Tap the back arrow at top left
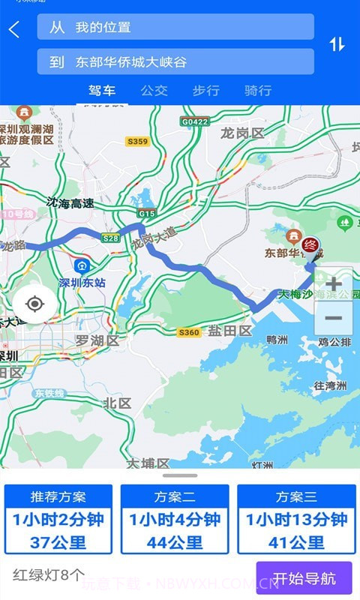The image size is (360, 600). (14, 30)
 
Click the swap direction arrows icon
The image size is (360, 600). (337, 44)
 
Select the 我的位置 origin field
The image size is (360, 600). (175, 27)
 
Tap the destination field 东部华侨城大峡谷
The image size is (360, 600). (175, 62)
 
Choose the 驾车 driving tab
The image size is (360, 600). (102, 91)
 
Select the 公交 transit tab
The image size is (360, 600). (154, 91)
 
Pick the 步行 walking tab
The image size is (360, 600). (205, 91)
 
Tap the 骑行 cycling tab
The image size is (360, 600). (258, 91)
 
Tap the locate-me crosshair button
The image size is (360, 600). (34, 304)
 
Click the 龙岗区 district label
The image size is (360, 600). (243, 133)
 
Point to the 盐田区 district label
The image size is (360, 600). (229, 331)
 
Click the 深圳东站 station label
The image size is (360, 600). (82, 283)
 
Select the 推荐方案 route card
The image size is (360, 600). (58, 519)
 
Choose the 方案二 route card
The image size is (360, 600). (175, 519)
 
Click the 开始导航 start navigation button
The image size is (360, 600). (304, 578)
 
